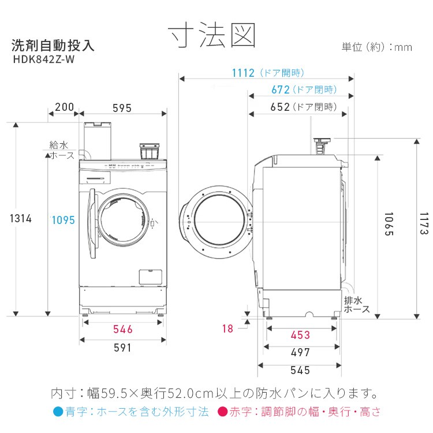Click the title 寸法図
[x=212, y=36]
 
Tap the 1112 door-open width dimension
[x=243, y=73]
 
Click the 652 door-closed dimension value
[x=280, y=107]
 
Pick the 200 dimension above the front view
[x=64, y=107]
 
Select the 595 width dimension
[x=122, y=107]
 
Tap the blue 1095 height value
[x=62, y=219]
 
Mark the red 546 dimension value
[x=122, y=329]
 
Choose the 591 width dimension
[x=122, y=348]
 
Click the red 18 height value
[x=227, y=329]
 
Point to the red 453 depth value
[x=300, y=335]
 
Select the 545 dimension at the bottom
[x=300, y=370]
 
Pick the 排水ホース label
[x=356, y=305]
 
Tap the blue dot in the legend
[x=57, y=412]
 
